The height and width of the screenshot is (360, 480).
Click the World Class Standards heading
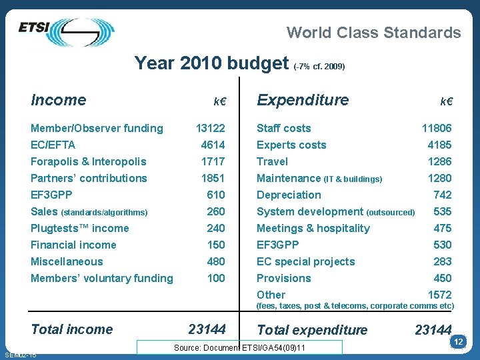coord(373,32)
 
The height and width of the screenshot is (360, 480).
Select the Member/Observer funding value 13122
coord(210,128)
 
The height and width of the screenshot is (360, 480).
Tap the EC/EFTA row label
coord(53,145)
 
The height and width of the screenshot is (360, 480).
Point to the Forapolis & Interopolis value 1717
coord(213,161)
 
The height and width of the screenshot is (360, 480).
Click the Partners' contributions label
coord(89,178)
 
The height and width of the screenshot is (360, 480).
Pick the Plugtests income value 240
coord(216,228)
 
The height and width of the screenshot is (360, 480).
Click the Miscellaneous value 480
coord(216,261)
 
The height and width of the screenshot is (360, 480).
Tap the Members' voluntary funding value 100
coord(216,278)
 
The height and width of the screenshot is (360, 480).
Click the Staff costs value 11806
coord(437,128)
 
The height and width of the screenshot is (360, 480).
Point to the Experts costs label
coord(291,145)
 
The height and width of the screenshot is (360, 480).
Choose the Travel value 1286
coord(439,161)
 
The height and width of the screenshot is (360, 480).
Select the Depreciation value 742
coord(442,195)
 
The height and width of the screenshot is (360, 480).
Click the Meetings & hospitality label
coord(313,228)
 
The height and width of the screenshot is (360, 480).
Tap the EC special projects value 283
coord(442,261)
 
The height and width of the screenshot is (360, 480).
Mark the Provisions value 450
coord(442,278)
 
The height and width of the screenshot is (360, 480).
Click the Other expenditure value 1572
coord(439,295)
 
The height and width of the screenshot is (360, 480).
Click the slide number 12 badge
coord(458,342)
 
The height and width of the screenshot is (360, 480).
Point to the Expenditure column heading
coord(303,100)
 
